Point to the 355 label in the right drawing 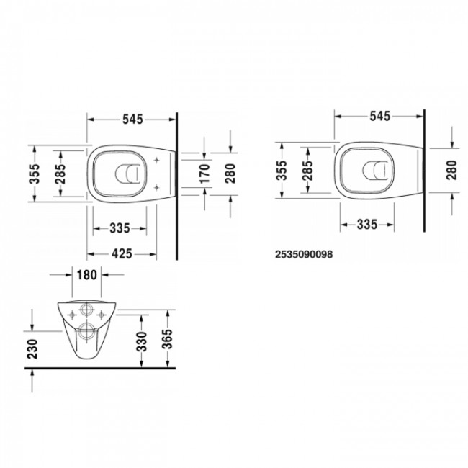283,169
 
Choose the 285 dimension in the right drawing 307,169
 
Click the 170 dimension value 205,173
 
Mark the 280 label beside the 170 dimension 230,174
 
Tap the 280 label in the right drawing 451,169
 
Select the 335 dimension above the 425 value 120,228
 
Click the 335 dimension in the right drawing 367,225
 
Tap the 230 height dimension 32,348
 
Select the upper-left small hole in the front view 73,312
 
